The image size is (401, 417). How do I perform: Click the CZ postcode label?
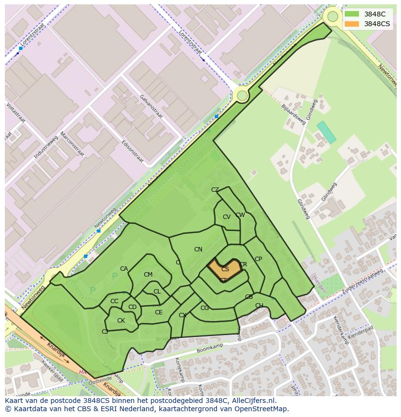215,190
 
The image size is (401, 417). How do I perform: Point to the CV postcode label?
227,217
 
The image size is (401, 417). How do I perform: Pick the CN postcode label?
198,249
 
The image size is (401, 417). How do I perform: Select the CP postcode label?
258,259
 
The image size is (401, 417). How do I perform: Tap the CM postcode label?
148,275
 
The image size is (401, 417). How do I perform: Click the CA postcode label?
124,269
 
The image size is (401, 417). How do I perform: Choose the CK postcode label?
121,321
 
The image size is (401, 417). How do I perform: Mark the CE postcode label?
159,312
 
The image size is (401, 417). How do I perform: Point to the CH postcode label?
259,306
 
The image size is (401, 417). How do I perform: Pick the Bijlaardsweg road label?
293,114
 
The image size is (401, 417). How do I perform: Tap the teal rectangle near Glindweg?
326,132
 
